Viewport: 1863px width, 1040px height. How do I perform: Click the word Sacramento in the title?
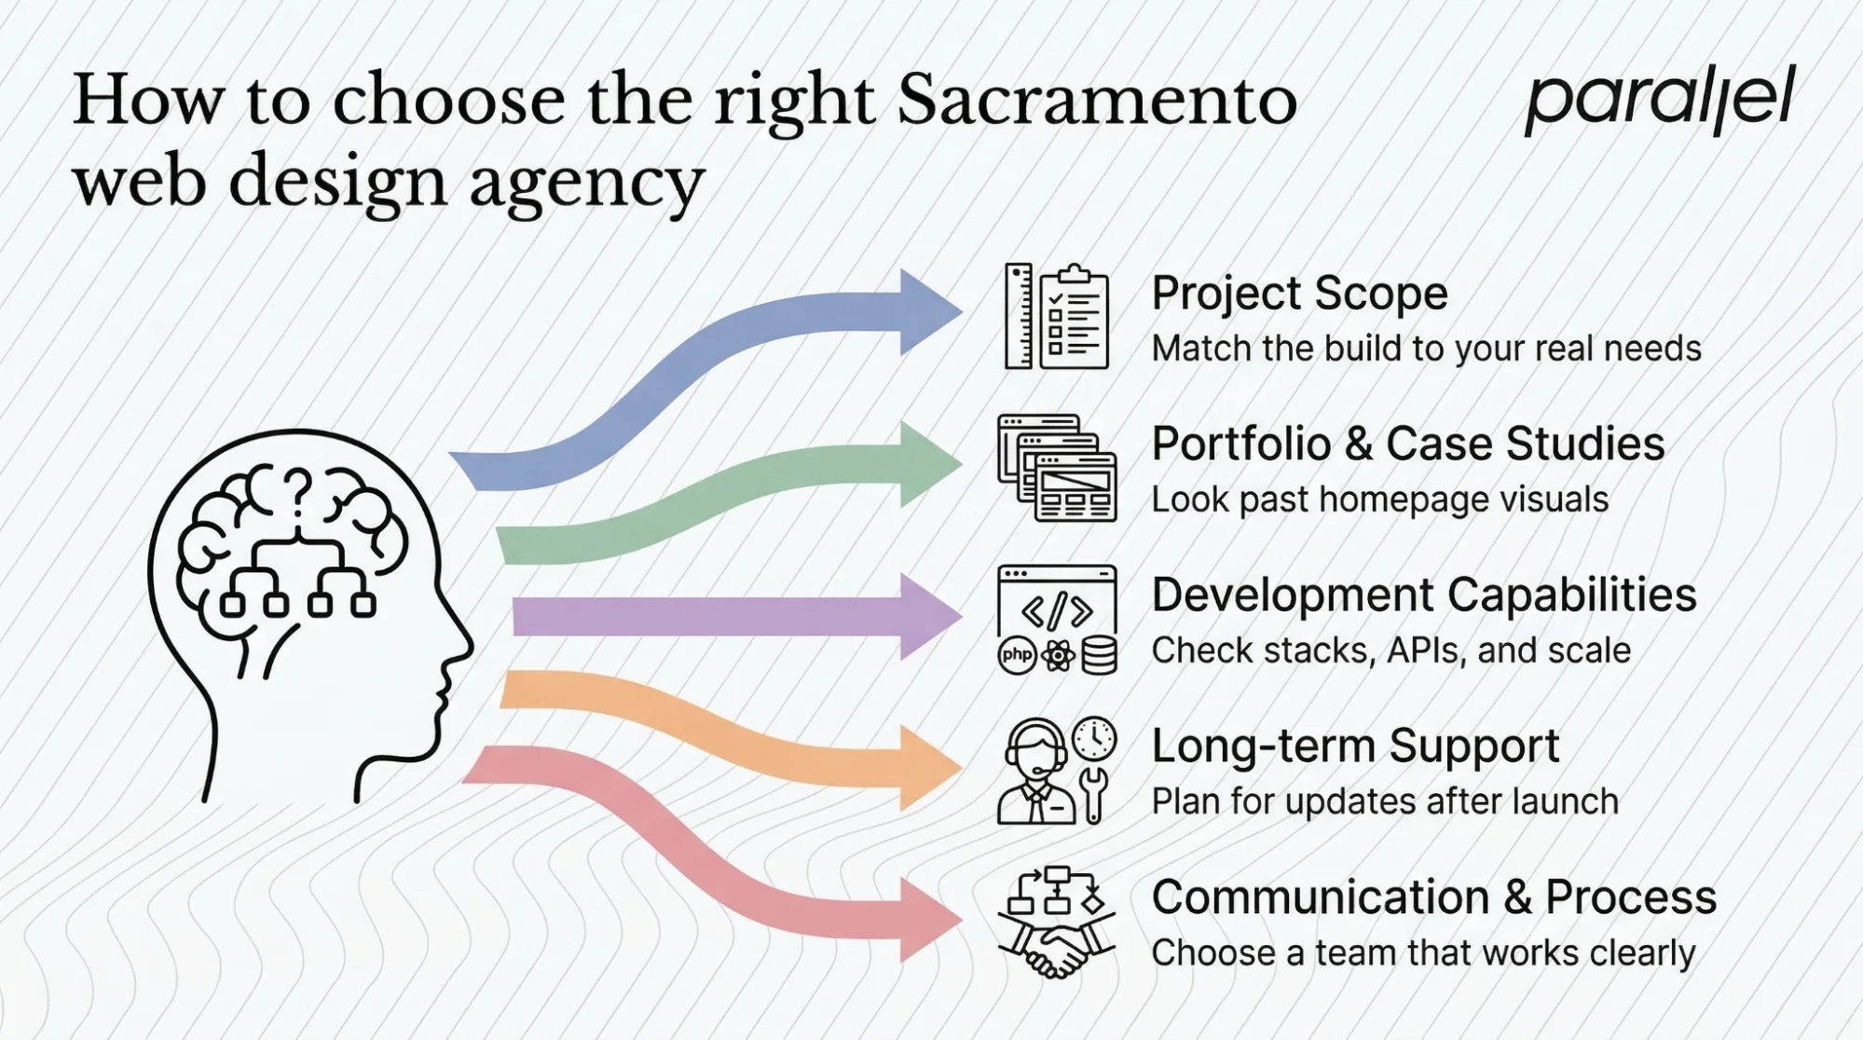tap(1096, 101)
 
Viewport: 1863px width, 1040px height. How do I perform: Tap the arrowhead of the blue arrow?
tap(928, 312)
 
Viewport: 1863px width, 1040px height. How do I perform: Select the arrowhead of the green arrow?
tap(928, 463)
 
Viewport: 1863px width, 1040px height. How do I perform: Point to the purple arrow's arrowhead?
tap(928, 617)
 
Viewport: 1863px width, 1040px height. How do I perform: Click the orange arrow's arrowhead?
tap(928, 768)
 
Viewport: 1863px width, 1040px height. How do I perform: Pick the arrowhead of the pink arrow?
tap(928, 920)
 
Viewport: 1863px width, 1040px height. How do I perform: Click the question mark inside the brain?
tap(297, 492)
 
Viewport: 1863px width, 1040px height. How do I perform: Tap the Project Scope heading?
tap(1299, 294)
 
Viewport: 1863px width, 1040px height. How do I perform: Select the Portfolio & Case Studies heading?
tap(1407, 444)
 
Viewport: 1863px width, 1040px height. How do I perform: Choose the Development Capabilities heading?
tap(1423, 595)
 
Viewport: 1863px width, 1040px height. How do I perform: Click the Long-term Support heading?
tap(1355, 746)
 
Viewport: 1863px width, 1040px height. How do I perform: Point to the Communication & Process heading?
tap(1433, 897)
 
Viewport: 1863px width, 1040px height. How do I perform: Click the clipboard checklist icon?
tap(1075, 319)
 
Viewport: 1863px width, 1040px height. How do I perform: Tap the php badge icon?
tap(1017, 655)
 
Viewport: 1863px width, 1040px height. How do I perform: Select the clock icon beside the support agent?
tap(1094, 739)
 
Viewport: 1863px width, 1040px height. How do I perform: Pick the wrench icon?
tap(1095, 794)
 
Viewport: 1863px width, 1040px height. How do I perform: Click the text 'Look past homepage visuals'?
tap(1379, 500)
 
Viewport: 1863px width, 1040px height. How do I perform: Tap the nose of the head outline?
tap(466, 643)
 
